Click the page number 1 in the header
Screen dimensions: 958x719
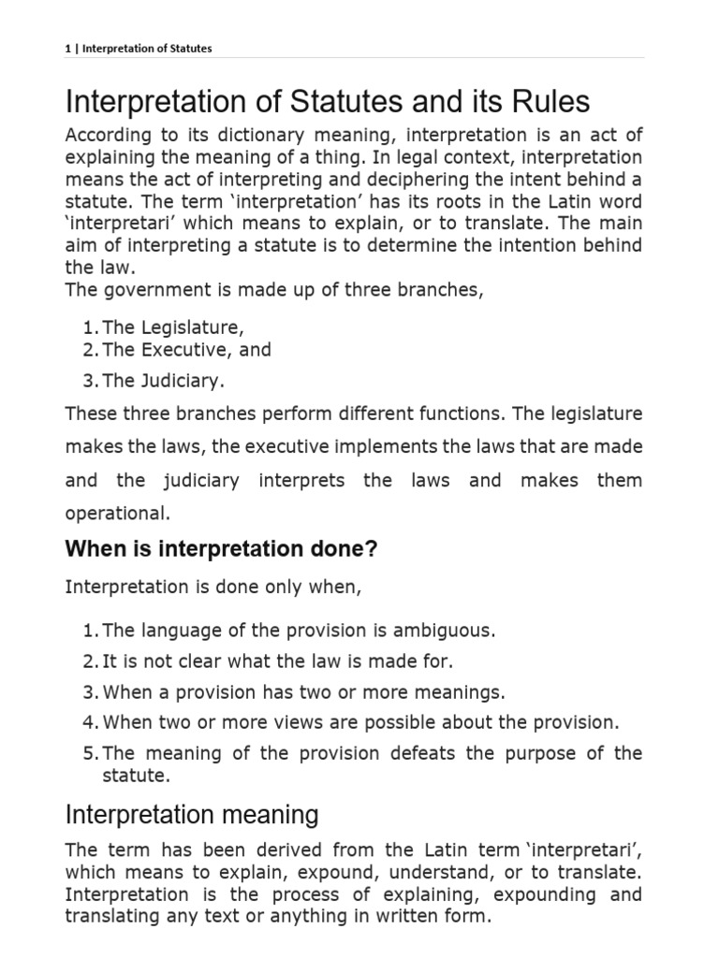click(x=68, y=48)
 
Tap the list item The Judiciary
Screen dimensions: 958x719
click(x=164, y=381)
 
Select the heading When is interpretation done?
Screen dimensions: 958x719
click(x=221, y=549)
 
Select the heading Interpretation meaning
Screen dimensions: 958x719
click(x=192, y=814)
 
